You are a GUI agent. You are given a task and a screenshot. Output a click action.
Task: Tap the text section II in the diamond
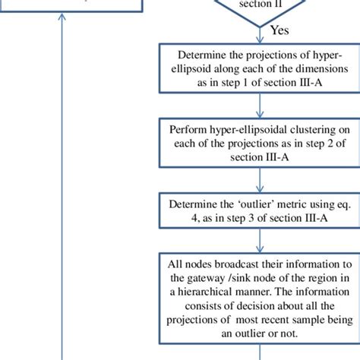click(261, 3)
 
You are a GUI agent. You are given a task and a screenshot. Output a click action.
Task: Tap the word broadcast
click(233, 264)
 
